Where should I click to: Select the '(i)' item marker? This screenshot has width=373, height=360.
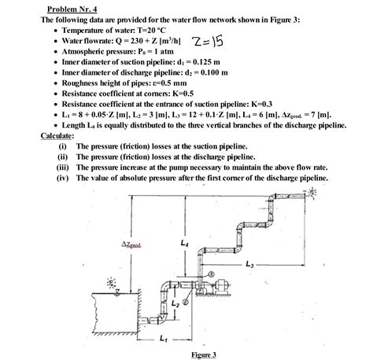coord(63,146)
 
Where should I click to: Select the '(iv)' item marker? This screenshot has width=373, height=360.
coord(64,178)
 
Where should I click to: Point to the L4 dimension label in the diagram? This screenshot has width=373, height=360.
coord(184,244)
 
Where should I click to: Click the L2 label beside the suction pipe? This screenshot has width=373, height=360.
coord(175,302)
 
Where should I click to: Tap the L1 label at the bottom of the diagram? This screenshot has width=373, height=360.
coord(163,339)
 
